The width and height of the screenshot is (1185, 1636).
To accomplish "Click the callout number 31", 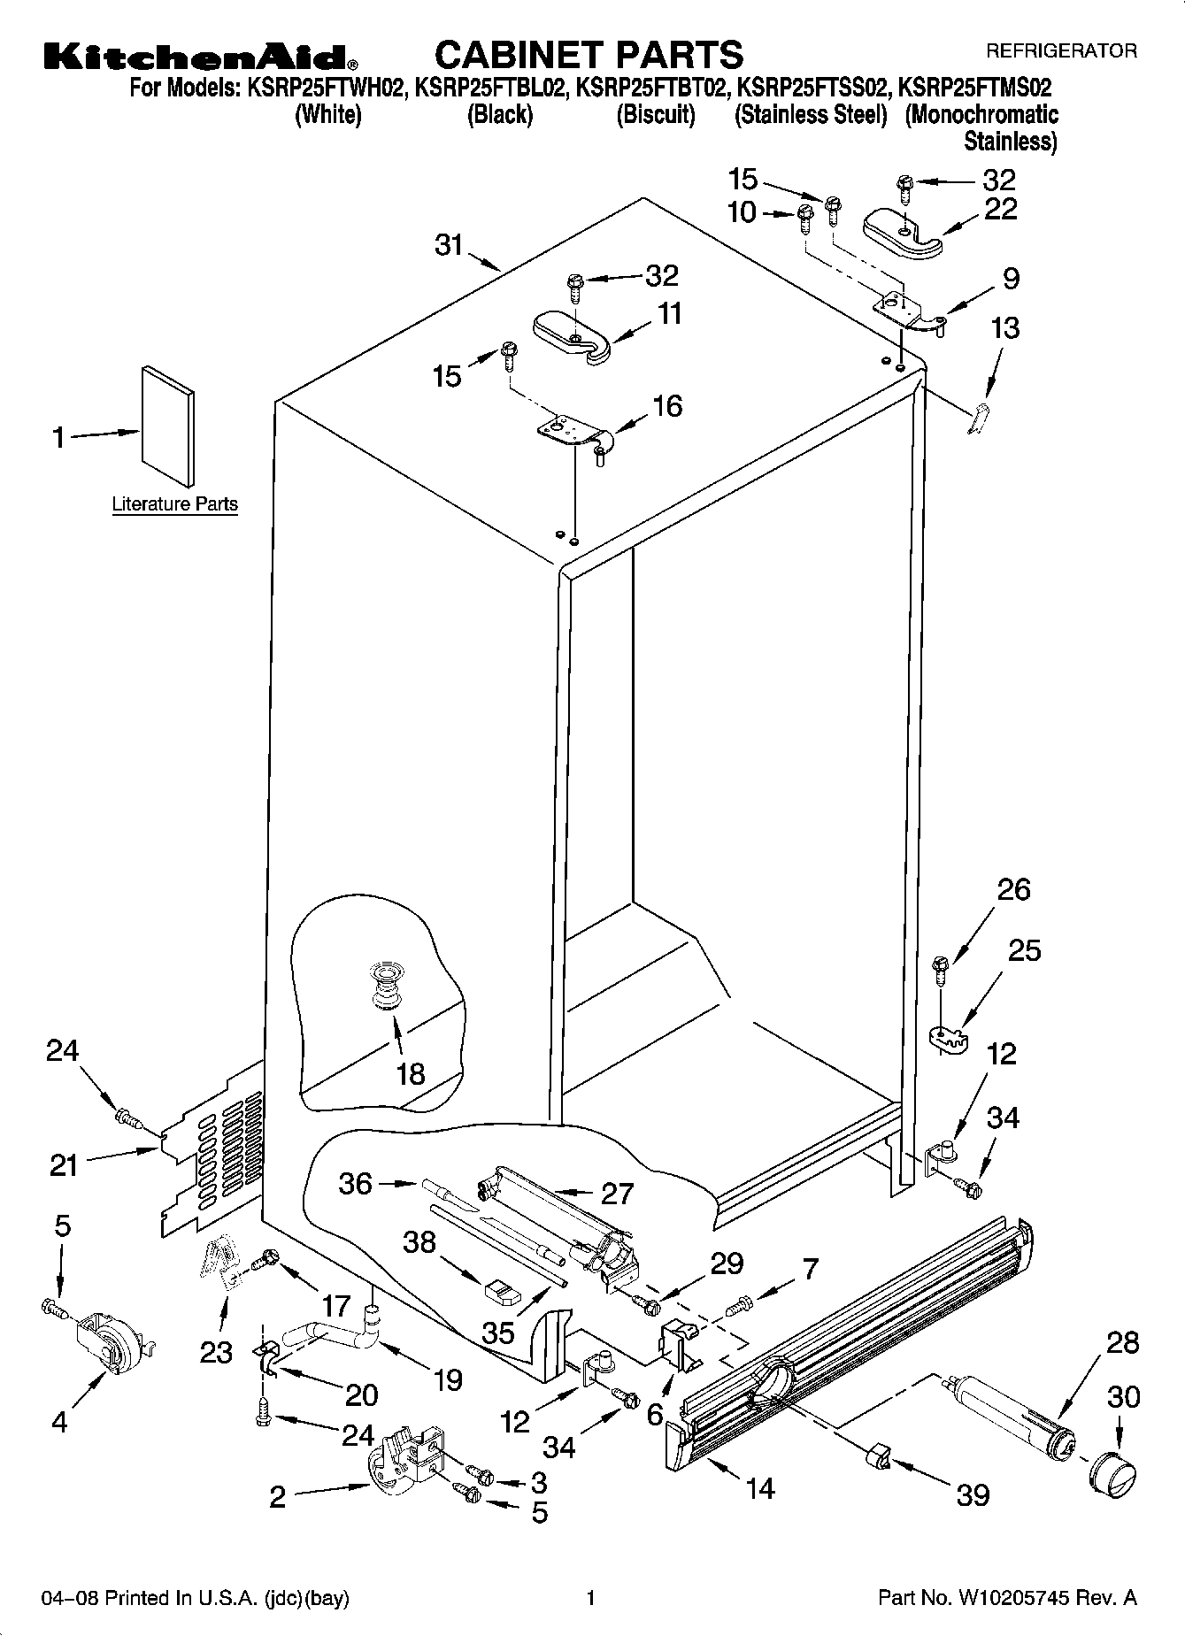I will click(450, 244).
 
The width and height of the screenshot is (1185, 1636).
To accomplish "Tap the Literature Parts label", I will click(174, 504).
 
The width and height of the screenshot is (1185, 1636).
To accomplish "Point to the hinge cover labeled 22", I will click(902, 232).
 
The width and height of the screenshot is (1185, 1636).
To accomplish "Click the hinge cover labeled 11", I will click(573, 336).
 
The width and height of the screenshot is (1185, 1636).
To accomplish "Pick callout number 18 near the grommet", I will click(411, 1074).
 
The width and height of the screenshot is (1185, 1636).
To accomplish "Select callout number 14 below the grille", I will click(759, 1487).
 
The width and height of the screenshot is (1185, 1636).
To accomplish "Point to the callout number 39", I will click(973, 1494).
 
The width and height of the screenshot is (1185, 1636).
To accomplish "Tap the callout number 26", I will click(1013, 889).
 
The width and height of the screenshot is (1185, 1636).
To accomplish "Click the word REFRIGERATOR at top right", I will click(1061, 51).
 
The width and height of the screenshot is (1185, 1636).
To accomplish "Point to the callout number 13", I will click(1004, 328).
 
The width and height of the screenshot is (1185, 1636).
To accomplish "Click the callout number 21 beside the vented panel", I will click(64, 1165).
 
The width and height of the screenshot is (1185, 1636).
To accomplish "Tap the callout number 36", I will click(356, 1183).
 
